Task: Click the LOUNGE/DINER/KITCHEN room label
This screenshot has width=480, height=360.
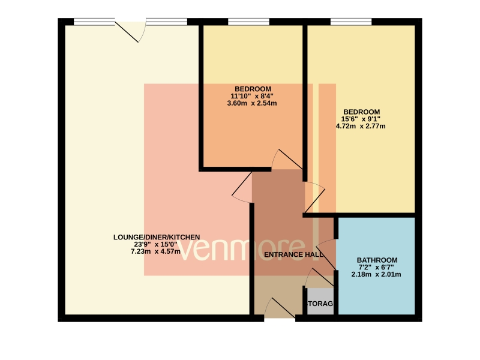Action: click(x=157, y=237)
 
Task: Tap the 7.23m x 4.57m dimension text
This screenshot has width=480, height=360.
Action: click(x=155, y=251)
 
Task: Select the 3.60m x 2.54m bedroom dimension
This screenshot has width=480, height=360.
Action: click(x=252, y=103)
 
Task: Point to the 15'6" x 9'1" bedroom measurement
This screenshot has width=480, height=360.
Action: click(x=361, y=119)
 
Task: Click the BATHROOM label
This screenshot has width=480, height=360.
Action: click(x=377, y=260)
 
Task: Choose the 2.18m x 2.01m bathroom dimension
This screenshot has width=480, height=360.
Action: click(x=376, y=274)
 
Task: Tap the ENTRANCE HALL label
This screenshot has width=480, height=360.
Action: click(x=293, y=254)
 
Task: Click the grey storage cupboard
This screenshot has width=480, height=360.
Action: click(x=320, y=301)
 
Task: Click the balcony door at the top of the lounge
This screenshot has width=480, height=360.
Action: click(x=131, y=31)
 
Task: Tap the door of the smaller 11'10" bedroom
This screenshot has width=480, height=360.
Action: click(x=287, y=159)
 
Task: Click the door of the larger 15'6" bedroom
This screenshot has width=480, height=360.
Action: click(x=314, y=197)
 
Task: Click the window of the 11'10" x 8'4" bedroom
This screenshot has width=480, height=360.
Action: click(x=248, y=22)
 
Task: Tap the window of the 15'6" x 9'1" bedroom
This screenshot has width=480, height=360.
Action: click(x=351, y=22)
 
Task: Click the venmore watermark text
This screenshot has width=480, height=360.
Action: click(x=249, y=250)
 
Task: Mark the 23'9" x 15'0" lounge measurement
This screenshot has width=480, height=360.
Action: click(x=155, y=245)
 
